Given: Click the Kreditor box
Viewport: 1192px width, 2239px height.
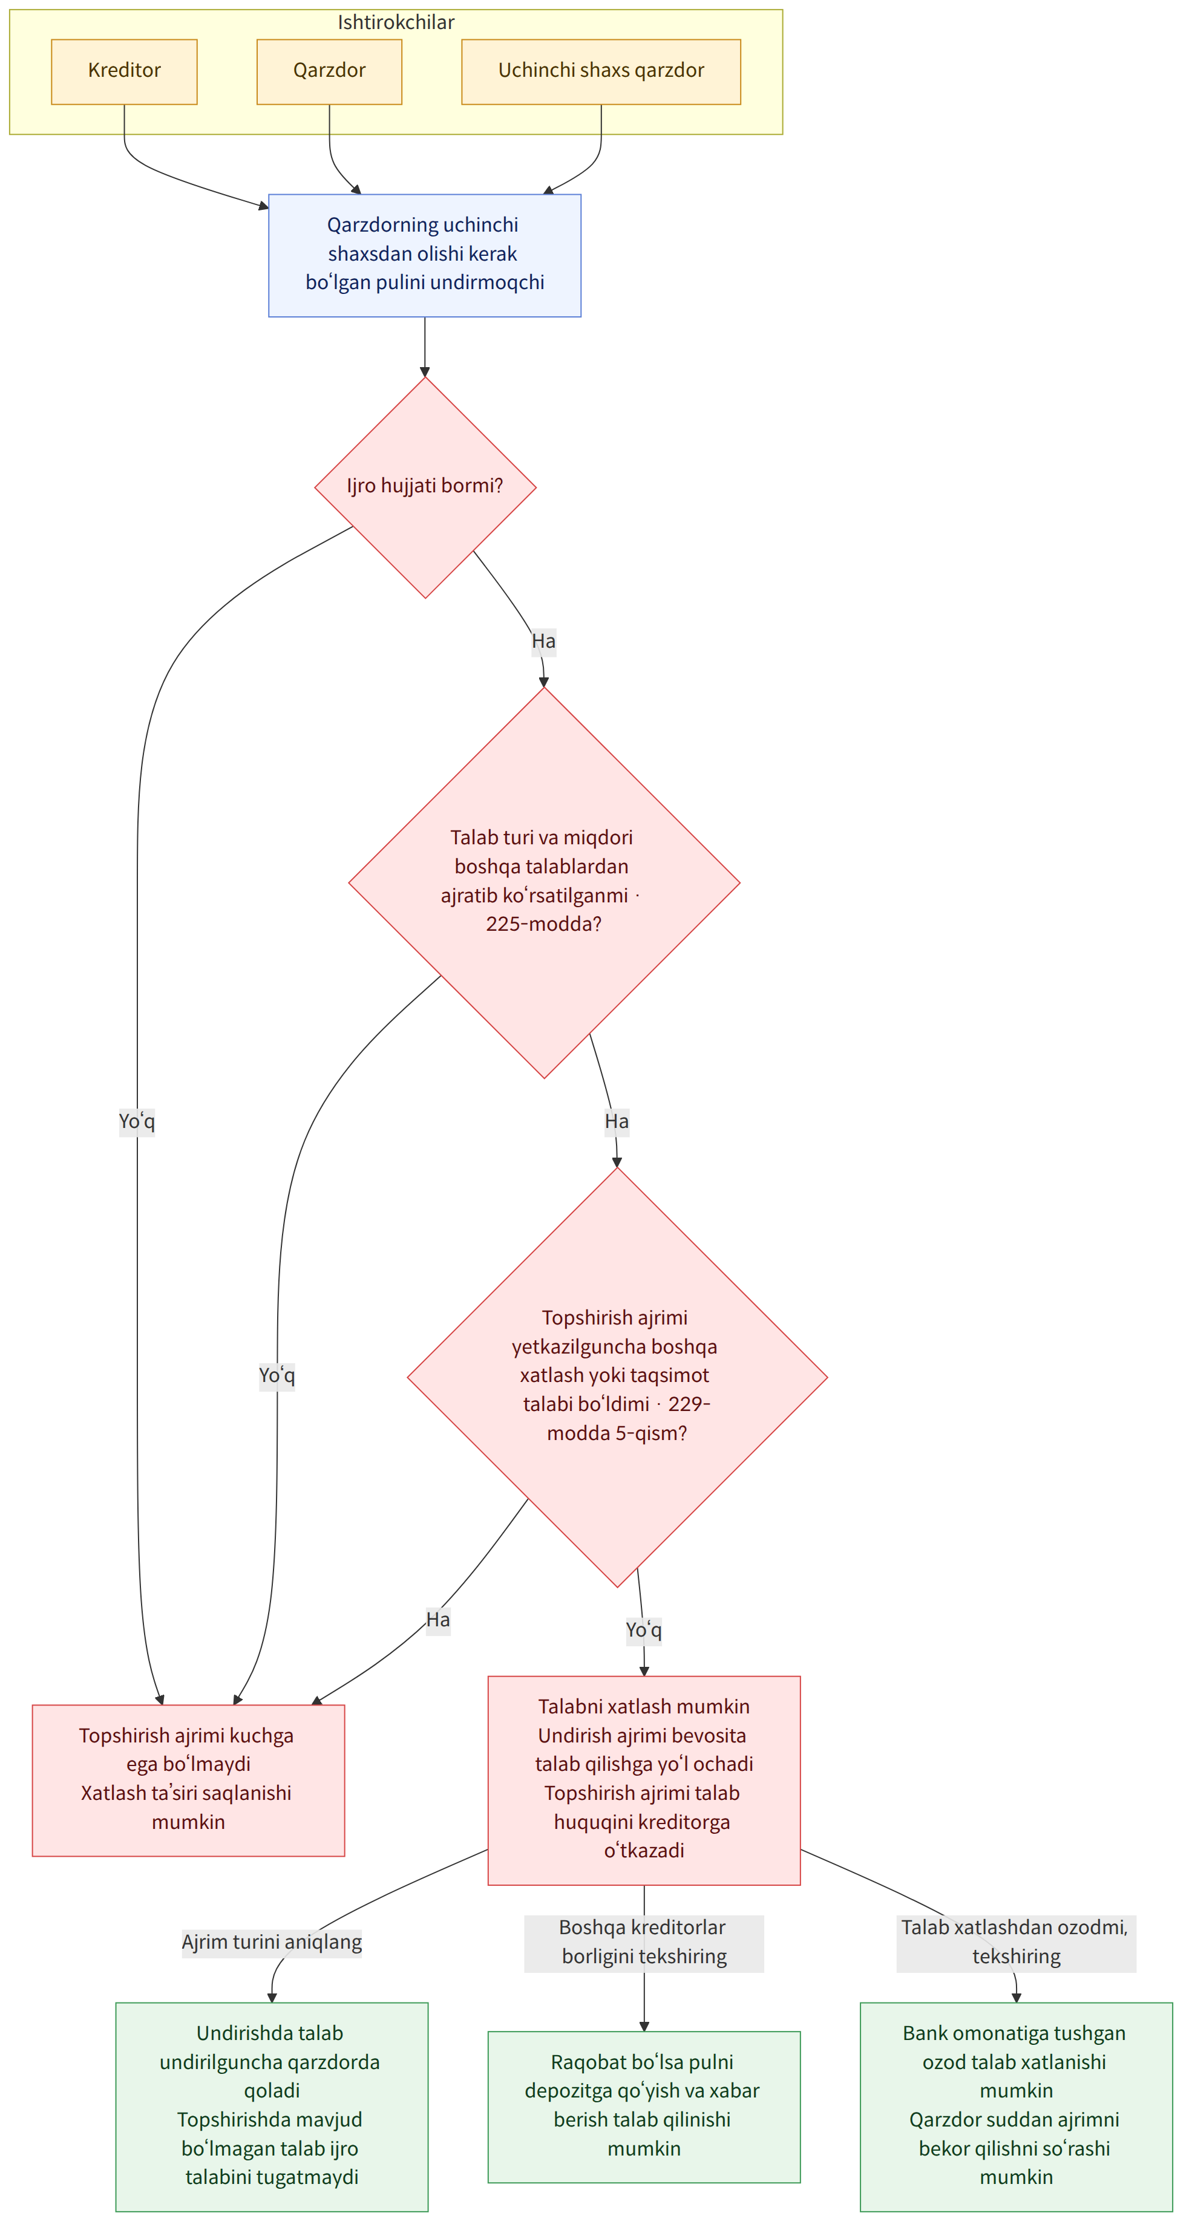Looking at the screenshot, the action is tap(124, 72).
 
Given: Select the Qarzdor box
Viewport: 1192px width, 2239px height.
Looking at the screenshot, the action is tap(330, 72).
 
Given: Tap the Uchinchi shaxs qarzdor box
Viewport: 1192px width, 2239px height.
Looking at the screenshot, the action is tap(601, 72).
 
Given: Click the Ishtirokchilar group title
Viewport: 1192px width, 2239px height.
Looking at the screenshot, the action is tap(396, 22).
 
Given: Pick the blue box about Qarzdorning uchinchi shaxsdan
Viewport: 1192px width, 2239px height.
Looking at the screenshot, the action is tap(424, 256).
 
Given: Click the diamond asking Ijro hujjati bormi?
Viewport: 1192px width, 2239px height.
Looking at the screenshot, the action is tap(425, 487).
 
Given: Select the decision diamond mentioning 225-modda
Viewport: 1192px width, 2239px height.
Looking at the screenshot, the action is tap(545, 882).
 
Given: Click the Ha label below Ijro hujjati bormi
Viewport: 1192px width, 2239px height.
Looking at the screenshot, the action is tap(543, 642).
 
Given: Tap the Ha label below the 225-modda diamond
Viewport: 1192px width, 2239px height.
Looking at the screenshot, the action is tap(617, 1121).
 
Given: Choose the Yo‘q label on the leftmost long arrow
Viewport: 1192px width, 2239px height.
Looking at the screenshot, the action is tap(137, 1121).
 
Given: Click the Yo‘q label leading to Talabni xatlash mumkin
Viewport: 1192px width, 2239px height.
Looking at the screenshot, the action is tap(643, 1630).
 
